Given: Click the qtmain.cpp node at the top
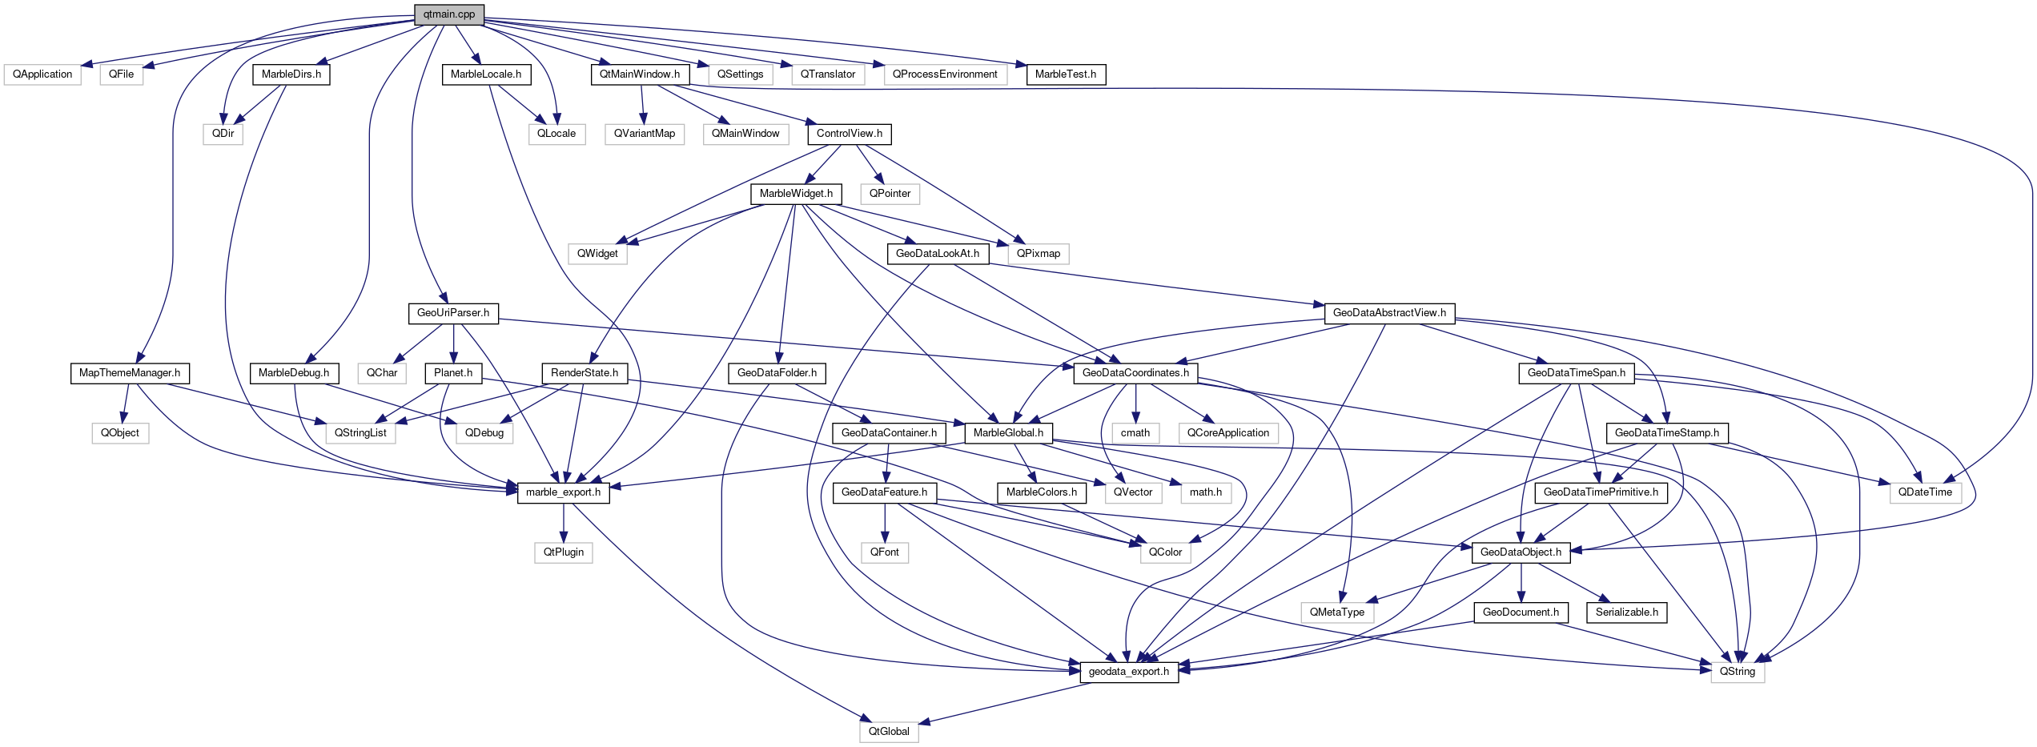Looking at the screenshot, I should click(x=449, y=14).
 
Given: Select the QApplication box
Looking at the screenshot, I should click(x=42, y=74).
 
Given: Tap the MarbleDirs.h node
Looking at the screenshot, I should click(x=291, y=74).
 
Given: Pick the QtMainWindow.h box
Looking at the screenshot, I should click(x=640, y=74).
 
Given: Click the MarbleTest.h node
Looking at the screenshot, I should click(x=1065, y=74).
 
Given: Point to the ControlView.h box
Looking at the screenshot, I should click(x=850, y=134).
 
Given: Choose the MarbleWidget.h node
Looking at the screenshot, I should click(x=796, y=194).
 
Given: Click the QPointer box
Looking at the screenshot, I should click(x=890, y=194).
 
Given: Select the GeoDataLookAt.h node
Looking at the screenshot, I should click(x=937, y=254).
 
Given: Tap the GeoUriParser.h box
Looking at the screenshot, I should click(x=453, y=313).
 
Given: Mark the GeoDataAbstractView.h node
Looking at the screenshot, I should click(x=1389, y=313).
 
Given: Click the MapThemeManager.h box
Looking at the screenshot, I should click(x=130, y=373).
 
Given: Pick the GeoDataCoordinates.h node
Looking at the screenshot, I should click(x=1135, y=373).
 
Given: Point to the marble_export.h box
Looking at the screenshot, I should click(x=563, y=492).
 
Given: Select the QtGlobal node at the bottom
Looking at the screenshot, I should click(x=889, y=732).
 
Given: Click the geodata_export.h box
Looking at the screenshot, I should click(x=1129, y=672).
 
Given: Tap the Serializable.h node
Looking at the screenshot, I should click(x=1626, y=612).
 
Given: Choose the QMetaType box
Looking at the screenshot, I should click(x=1337, y=612).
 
